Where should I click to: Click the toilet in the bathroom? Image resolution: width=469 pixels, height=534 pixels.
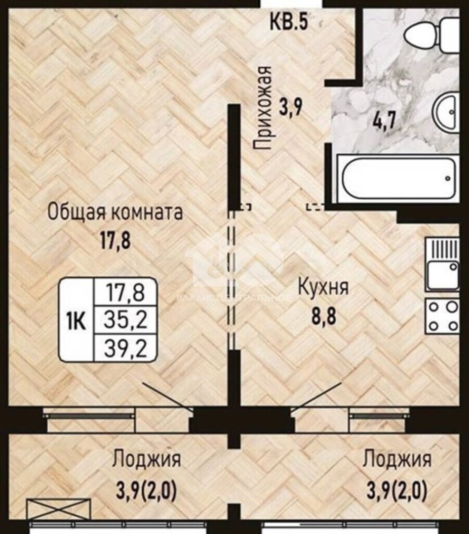[432, 36]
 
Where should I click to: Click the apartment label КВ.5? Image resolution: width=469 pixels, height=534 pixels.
[289, 22]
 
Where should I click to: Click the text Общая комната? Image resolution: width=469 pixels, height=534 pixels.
[115, 212]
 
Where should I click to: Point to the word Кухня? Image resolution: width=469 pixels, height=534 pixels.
[323, 287]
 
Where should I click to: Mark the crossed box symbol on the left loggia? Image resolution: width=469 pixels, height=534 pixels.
[59, 509]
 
